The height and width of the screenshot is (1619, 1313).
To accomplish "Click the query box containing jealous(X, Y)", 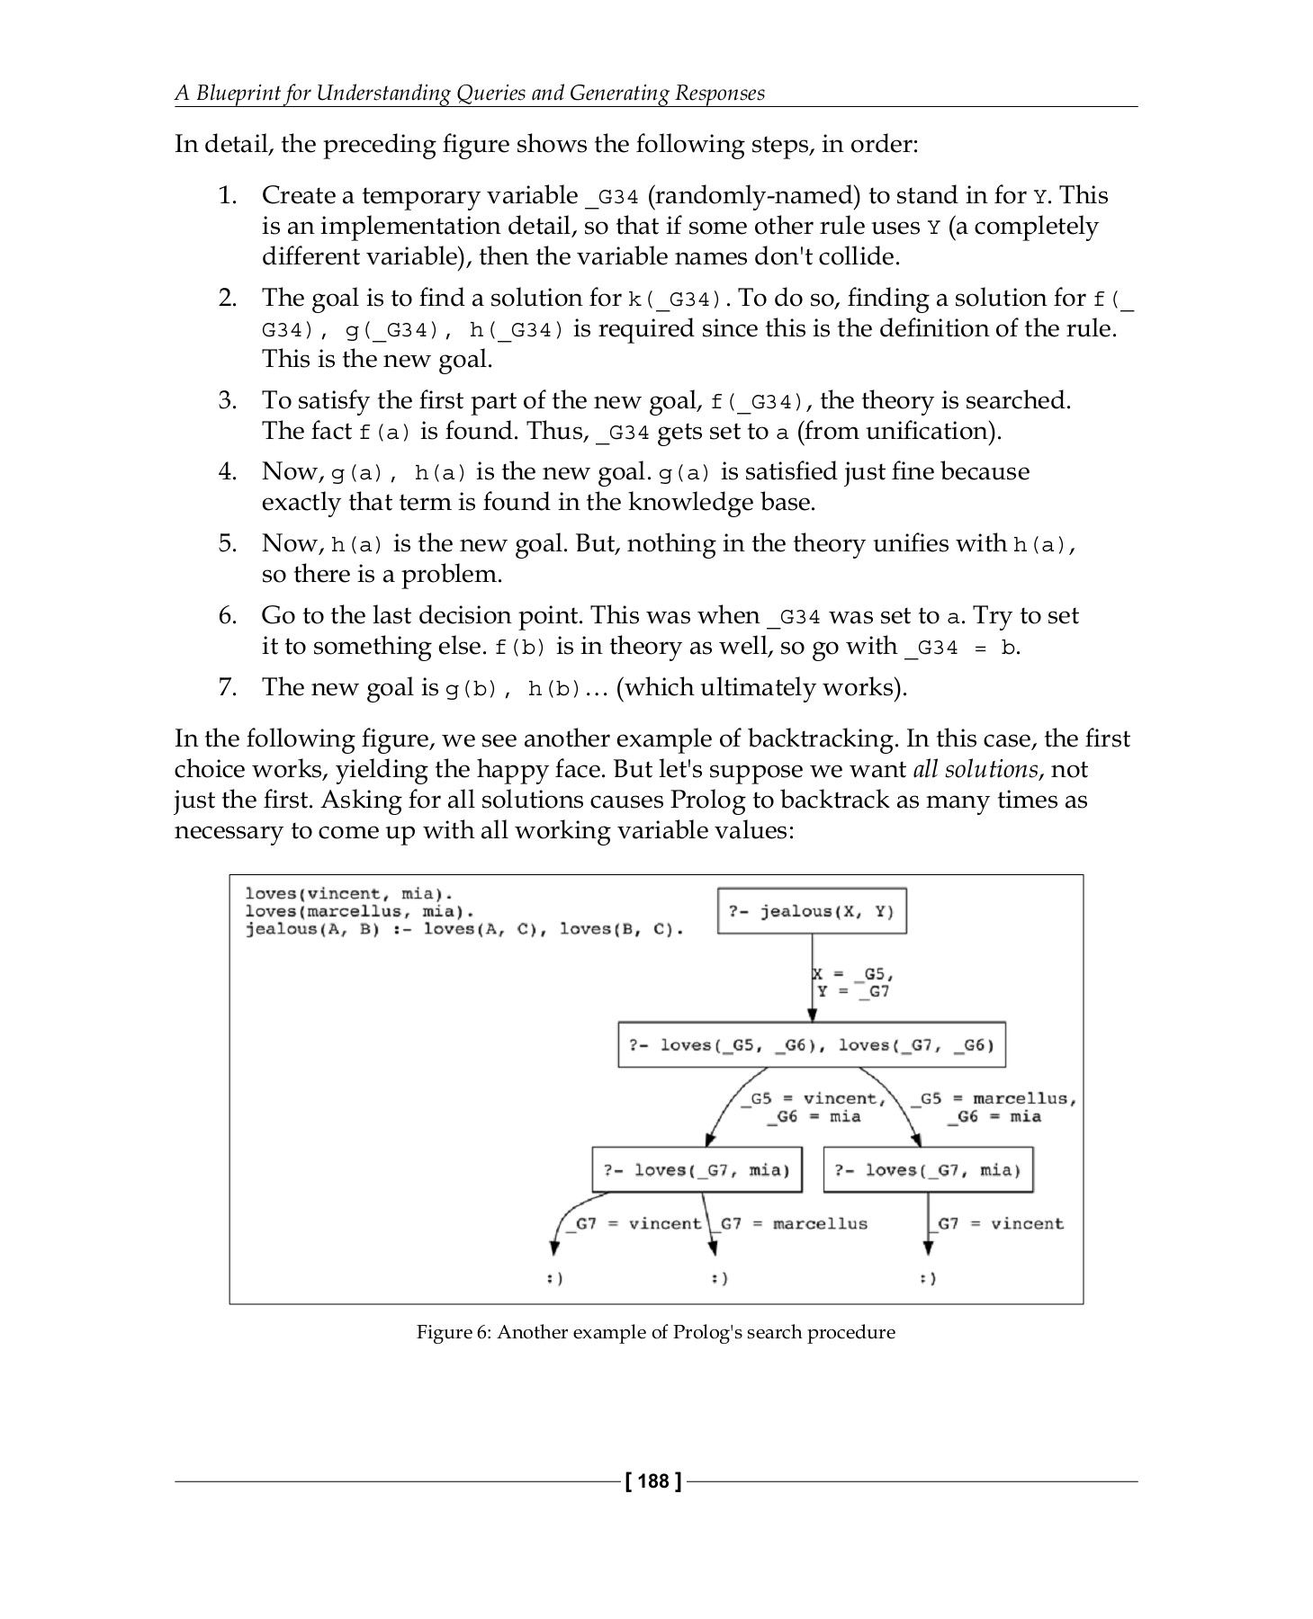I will pyautogui.click(x=812, y=911).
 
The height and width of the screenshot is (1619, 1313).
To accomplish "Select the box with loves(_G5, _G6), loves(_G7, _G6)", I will pyautogui.click(x=811, y=1045).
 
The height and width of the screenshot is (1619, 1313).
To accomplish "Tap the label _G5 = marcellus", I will pyautogui.click(x=994, y=1098).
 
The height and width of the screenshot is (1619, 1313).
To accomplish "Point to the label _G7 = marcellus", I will pyautogui.click(x=793, y=1223).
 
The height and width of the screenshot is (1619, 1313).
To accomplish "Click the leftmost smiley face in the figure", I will pyautogui.click(x=555, y=1278).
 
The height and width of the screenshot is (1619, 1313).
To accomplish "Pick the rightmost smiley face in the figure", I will pyautogui.click(x=928, y=1278).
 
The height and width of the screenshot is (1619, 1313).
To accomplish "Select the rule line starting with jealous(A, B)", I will pyautogui.click(x=464, y=929).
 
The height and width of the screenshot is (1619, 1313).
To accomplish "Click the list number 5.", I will pyautogui.click(x=228, y=543).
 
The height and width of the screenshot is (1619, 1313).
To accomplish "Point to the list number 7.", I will pyautogui.click(x=228, y=687).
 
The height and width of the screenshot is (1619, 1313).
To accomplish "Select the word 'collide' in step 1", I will pyautogui.click(x=866, y=256).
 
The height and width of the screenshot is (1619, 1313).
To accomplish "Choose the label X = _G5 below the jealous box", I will pyautogui.click(x=852, y=974).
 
